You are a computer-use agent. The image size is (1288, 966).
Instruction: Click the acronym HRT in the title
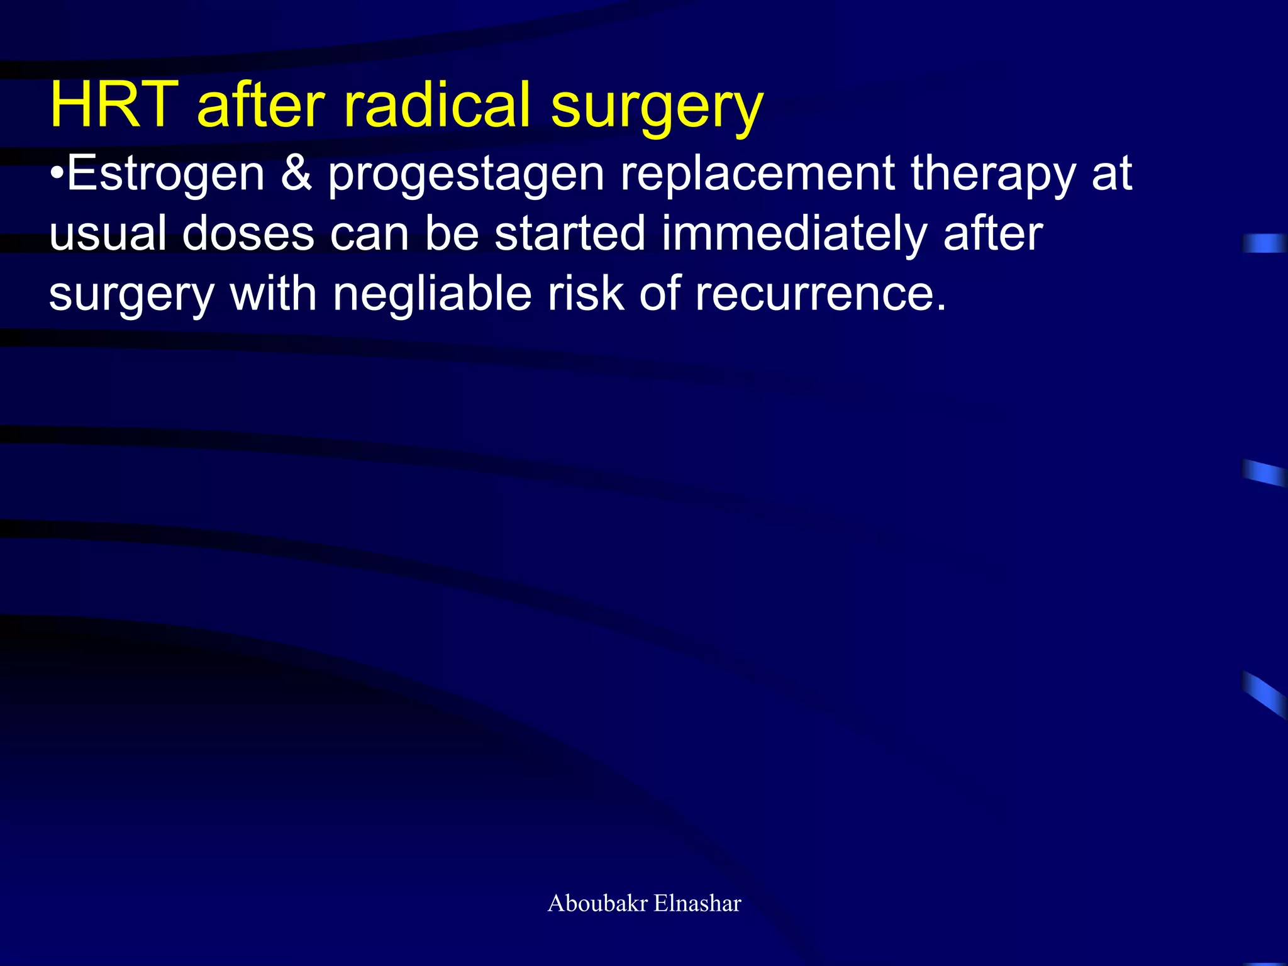click(x=114, y=104)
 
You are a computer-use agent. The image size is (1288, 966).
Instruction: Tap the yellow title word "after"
click(x=261, y=104)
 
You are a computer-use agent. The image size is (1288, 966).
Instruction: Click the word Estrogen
click(x=165, y=174)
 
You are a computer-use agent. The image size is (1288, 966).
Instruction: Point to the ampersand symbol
click(x=296, y=174)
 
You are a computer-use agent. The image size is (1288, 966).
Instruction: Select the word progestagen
click(x=466, y=175)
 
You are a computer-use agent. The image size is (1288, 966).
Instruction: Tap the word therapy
click(x=993, y=175)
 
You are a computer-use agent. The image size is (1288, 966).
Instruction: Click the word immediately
click(x=794, y=233)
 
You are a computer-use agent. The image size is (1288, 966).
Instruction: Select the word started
click(x=570, y=233)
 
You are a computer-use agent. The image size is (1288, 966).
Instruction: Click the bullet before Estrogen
click(x=57, y=174)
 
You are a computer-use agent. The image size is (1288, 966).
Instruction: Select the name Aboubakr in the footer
click(x=597, y=903)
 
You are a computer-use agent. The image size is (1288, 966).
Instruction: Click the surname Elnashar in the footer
click(x=697, y=903)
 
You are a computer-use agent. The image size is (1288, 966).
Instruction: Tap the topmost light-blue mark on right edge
click(x=1264, y=243)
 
